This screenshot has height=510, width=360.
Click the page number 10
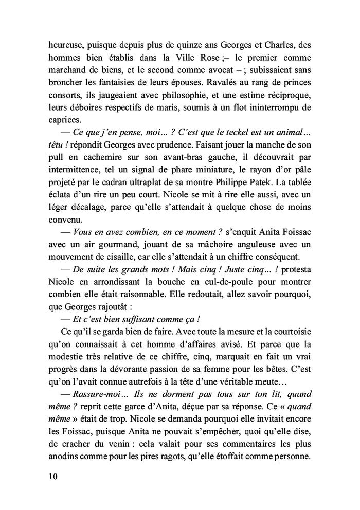pos(51,476)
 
